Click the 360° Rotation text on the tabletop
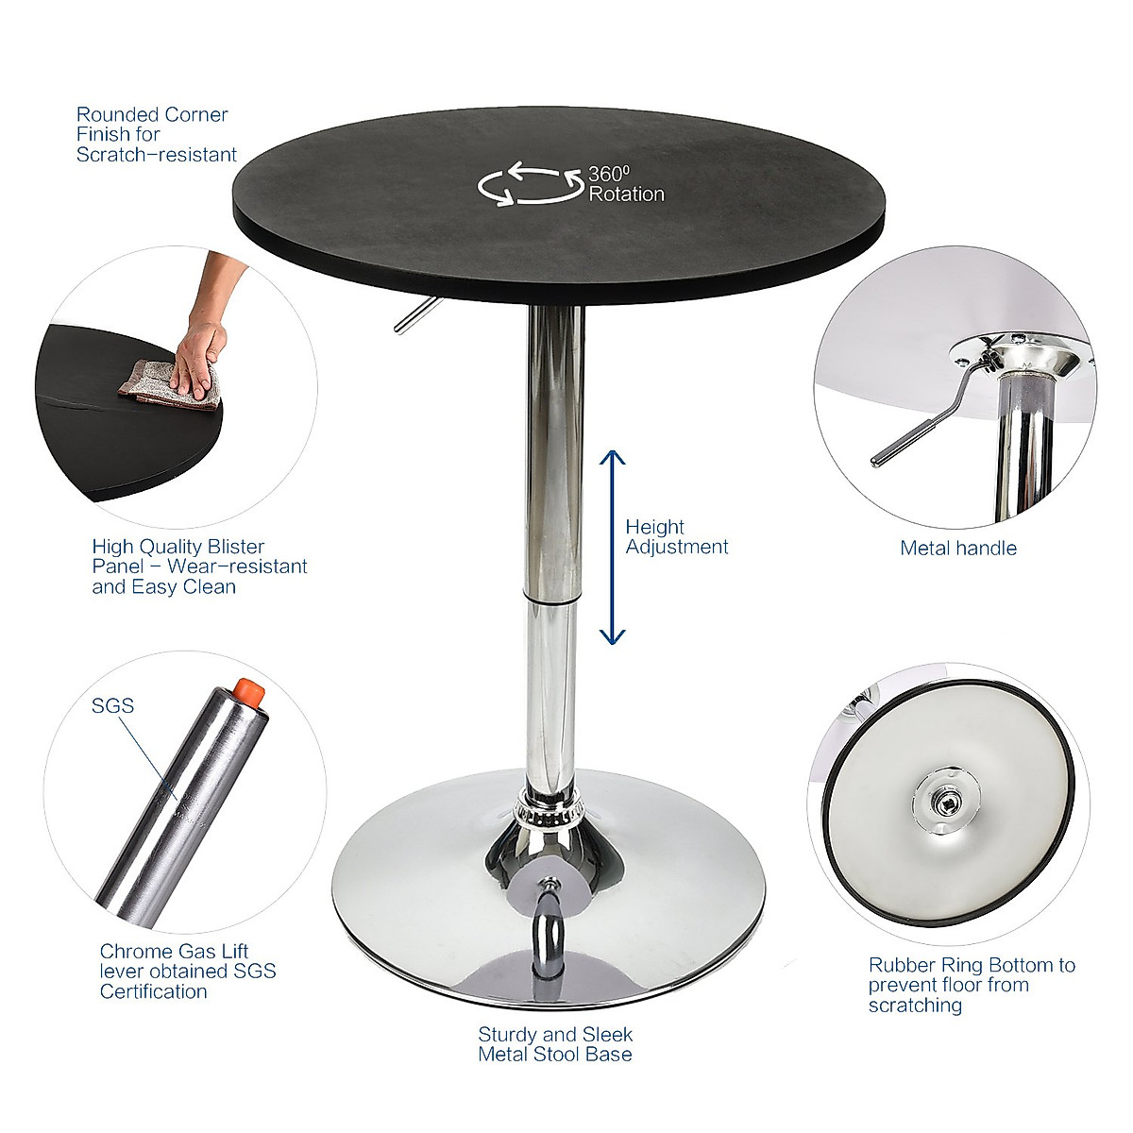[x=626, y=184]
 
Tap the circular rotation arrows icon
[x=530, y=184]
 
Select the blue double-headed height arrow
[x=613, y=547]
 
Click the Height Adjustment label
[x=676, y=537]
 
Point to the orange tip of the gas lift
[x=250, y=691]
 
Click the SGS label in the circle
[x=112, y=705]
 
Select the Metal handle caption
[x=957, y=549]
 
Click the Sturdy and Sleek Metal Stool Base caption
[x=555, y=1044]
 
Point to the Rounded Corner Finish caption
[x=156, y=134]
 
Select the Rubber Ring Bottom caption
[x=972, y=985]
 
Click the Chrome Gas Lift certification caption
[x=188, y=971]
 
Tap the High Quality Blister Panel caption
[x=199, y=566]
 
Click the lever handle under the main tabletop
[x=412, y=315]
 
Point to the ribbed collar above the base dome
[x=550, y=808]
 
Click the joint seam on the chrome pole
[x=550, y=599]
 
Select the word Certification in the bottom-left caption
[x=153, y=991]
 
